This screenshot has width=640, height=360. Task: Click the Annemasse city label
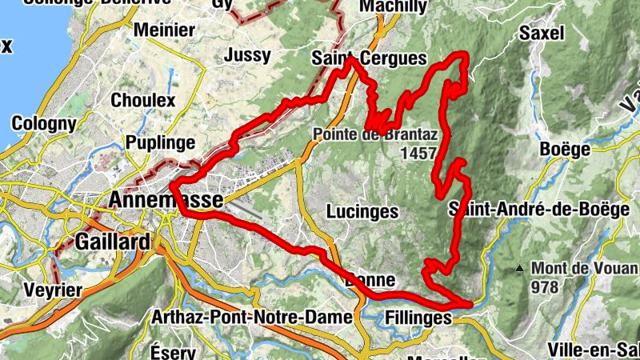tap(167, 201)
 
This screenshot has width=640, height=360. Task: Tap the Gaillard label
tap(113, 242)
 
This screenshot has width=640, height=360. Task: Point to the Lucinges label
tap(362, 212)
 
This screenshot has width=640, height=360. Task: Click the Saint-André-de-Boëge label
tap(539, 209)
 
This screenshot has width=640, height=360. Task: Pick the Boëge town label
tap(565, 150)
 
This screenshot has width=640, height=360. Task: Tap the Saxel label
tap(542, 33)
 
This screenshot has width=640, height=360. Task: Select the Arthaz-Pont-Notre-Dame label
tap(252, 318)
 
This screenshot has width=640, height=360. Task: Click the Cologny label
tap(44, 124)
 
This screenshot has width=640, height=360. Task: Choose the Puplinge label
tap(160, 143)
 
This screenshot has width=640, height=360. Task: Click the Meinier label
tap(165, 30)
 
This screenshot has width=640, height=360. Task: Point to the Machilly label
tap(392, 6)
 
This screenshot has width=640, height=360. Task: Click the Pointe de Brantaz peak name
tap(375, 134)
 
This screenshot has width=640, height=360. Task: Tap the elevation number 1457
tap(421, 153)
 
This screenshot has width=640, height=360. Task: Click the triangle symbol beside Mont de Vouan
tap(520, 268)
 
